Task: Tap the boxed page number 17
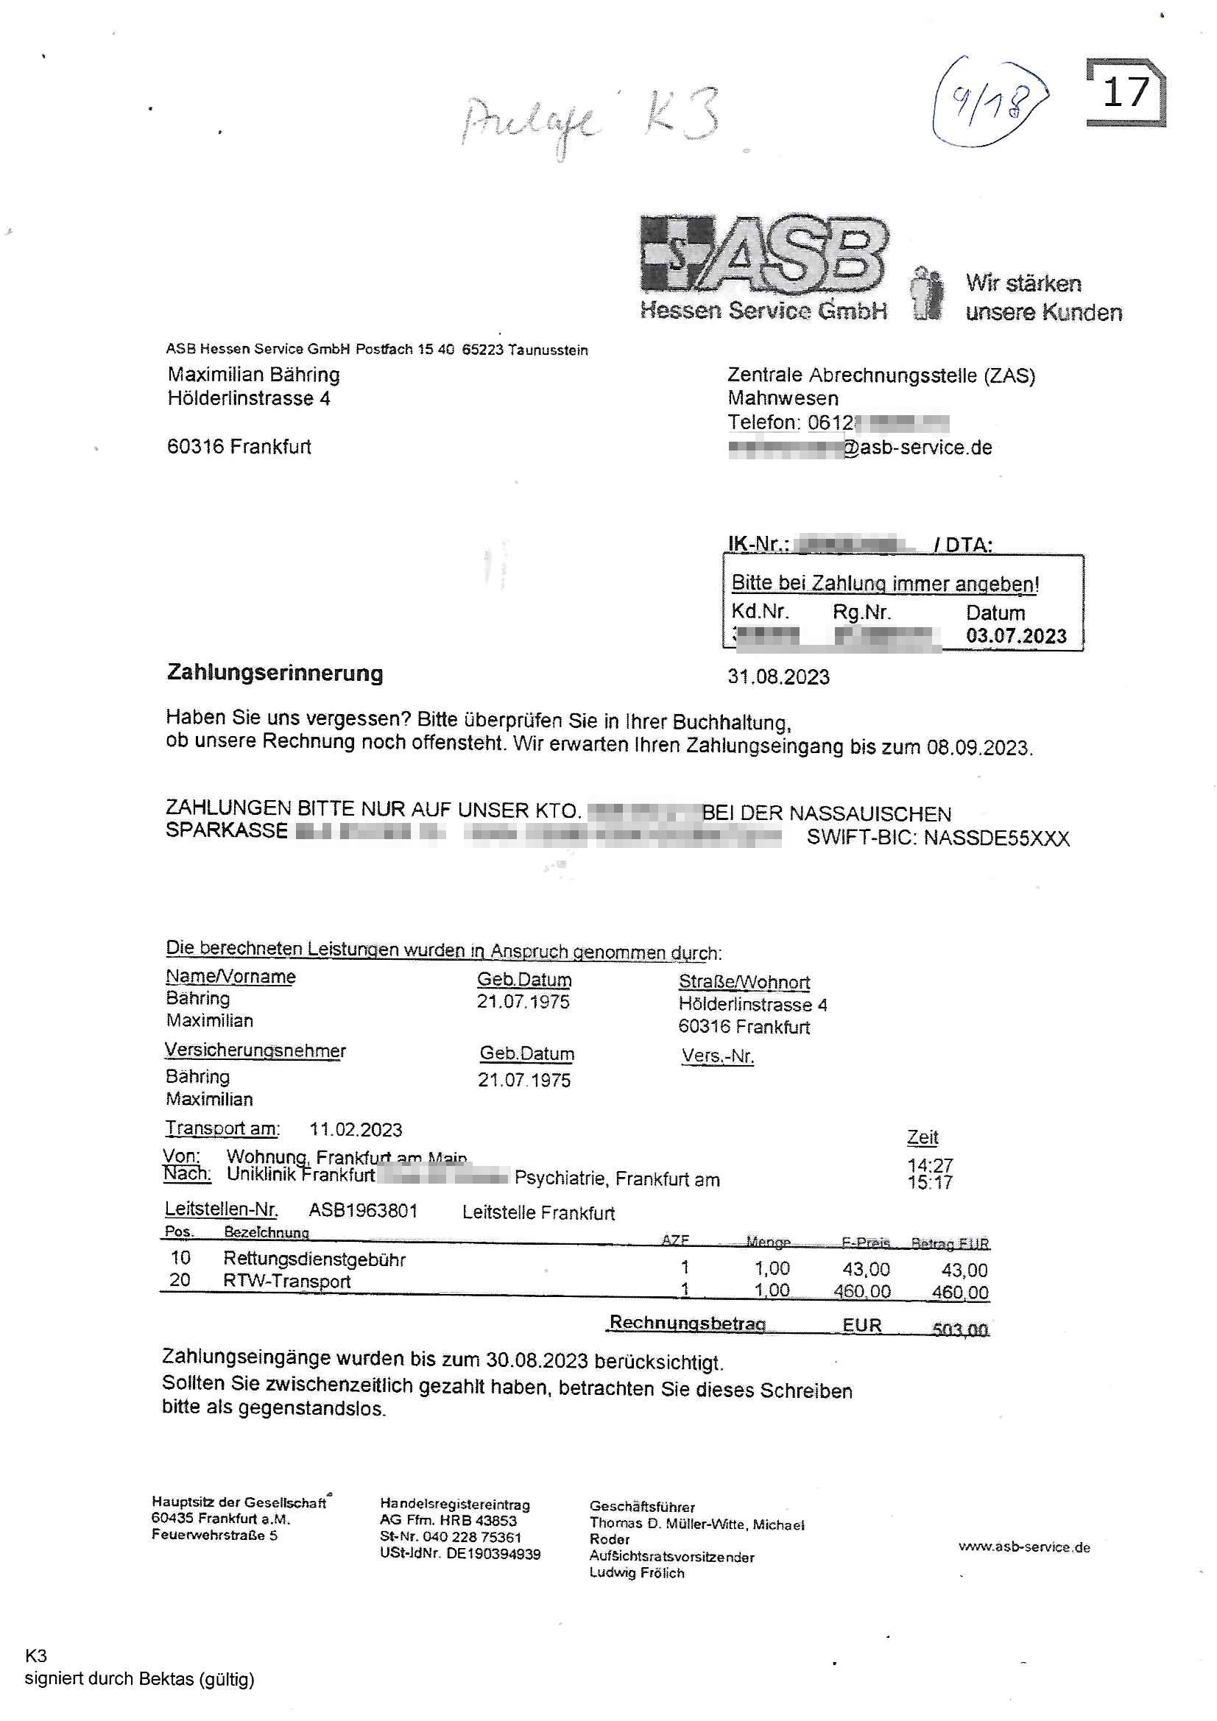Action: point(1126,92)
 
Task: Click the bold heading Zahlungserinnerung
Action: point(275,673)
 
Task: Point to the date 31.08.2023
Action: point(777,677)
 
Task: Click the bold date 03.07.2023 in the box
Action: point(1015,637)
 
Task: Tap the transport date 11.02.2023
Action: point(356,1130)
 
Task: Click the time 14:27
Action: point(929,1165)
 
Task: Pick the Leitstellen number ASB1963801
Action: point(363,1211)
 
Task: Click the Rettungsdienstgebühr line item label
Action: point(314,1259)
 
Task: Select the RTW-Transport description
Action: point(286,1281)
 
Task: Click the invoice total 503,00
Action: point(960,1329)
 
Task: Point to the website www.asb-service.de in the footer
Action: point(1023,1547)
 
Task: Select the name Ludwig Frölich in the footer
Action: point(637,1572)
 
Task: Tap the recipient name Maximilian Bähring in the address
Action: point(253,375)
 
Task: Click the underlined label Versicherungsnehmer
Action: point(255,1051)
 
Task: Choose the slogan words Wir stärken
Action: point(1023,283)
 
